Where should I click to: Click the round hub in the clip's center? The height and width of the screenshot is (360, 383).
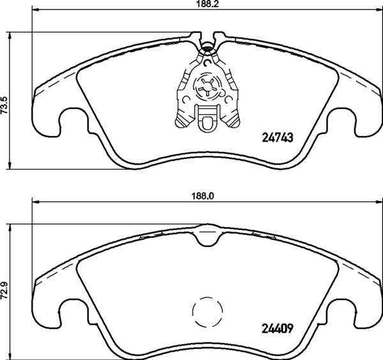tap(208, 86)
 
